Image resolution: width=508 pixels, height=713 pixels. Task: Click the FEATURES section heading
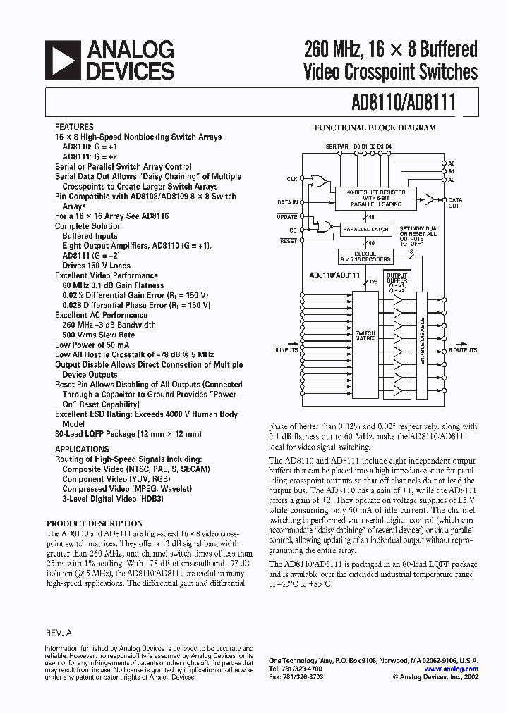pos(74,127)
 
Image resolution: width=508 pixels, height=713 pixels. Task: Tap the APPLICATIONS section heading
pos(82,449)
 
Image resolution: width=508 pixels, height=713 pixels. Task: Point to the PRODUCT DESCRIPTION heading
pos(95,523)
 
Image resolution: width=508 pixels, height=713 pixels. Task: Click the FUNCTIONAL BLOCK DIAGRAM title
pos(375,128)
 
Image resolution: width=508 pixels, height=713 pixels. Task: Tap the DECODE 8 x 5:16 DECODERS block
pos(365,256)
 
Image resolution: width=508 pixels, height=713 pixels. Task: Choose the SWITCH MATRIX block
pos(365,335)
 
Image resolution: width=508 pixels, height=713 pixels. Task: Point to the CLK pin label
pos(291,178)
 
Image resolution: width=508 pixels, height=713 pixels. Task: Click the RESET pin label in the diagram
pos(288,241)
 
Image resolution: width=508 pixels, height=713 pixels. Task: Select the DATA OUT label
pos(455,202)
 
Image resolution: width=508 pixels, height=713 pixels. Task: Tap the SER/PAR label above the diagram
pos(337,145)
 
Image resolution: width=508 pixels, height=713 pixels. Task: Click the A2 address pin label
pos(452,180)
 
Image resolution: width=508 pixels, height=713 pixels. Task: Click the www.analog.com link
pos(452,669)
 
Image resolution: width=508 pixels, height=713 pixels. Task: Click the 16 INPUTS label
pos(285,349)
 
